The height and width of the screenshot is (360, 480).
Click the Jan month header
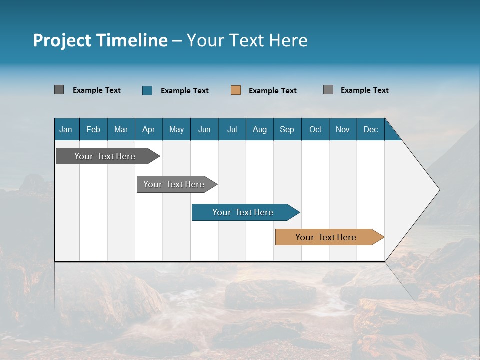66,129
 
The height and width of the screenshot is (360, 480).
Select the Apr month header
148,129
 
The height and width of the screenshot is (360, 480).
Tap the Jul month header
232,129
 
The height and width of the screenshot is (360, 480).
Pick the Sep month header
287,129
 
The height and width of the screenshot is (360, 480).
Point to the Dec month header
370,129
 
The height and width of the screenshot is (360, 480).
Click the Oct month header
315,129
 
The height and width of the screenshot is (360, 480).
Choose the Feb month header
93,129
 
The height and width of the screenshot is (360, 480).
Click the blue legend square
147,90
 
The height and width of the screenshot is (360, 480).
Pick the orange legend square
236,90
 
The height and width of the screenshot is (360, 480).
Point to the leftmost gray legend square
59,90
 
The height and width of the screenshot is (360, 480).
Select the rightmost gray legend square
328,90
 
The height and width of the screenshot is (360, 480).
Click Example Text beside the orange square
272,91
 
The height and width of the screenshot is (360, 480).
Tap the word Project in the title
61,41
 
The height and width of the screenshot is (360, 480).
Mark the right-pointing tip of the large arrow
438,190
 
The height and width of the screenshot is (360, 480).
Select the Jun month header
204,129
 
